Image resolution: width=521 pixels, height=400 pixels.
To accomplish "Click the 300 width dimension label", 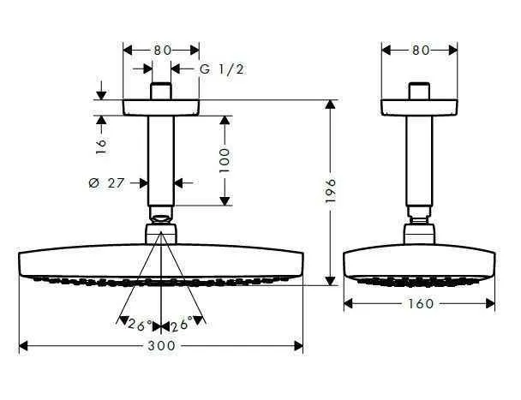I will click(161, 345).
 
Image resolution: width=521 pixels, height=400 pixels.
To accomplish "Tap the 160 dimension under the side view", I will click(419, 303).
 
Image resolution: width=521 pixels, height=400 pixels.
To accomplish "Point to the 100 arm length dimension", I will click(225, 159).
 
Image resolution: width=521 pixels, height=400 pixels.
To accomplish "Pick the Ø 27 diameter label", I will click(119, 182).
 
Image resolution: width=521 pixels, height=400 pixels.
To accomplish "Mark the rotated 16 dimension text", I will click(100, 145).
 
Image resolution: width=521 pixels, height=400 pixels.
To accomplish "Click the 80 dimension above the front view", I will click(162, 50).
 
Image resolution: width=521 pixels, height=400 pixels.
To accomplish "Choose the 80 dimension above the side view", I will click(419, 50).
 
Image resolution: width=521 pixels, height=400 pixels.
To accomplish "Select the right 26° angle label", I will click(181, 325).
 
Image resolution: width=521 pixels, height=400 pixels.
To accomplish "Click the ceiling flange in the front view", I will click(161, 108).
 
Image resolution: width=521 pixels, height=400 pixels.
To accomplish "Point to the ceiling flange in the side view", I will click(419, 108).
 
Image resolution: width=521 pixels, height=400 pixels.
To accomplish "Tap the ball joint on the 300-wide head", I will click(161, 233).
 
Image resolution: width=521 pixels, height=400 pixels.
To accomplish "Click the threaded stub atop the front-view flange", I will click(161, 91).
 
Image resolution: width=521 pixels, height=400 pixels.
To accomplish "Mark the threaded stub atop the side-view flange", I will click(419, 91).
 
